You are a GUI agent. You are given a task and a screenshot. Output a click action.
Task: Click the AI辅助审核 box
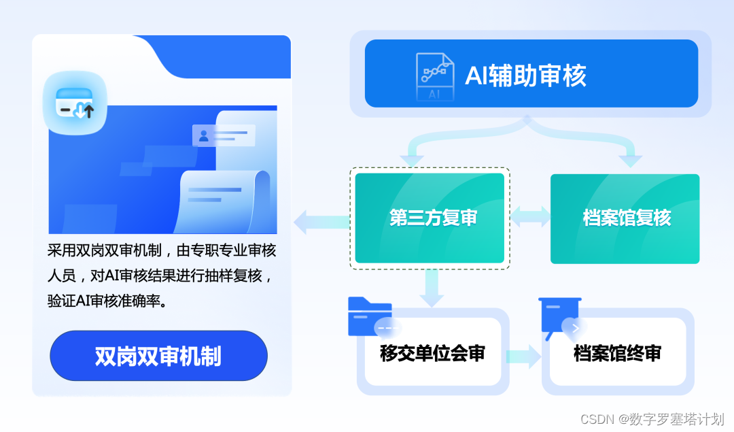(531, 73)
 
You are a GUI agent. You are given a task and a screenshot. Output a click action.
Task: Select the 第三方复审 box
(430, 218)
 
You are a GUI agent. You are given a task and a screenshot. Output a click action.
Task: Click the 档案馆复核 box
(625, 218)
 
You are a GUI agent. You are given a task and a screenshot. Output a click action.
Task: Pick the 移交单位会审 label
(432, 353)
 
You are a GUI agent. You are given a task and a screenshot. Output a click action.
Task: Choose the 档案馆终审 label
(617, 353)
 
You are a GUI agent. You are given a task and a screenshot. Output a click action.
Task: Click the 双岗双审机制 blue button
(158, 356)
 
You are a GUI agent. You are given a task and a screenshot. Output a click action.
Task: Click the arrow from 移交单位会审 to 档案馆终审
(523, 355)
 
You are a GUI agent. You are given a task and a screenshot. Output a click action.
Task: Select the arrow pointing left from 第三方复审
(319, 222)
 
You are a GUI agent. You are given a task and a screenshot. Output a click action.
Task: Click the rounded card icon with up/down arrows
(75, 102)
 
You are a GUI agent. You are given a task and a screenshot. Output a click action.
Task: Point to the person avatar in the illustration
(203, 135)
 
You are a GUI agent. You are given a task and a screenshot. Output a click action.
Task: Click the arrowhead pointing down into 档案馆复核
(631, 161)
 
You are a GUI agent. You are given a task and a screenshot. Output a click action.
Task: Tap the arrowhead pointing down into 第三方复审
(412, 161)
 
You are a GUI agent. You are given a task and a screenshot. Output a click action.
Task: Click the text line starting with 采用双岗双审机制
(162, 250)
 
